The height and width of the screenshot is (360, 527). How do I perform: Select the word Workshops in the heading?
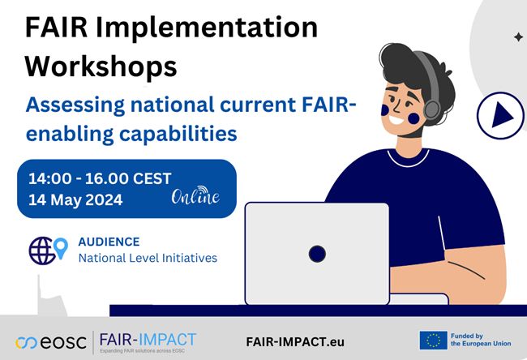point(101,66)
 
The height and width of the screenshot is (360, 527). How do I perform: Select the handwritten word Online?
point(195,197)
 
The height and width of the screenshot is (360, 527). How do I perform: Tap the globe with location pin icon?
point(47,250)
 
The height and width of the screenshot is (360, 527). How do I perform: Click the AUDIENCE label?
point(109,242)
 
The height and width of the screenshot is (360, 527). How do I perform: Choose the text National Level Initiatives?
point(148,259)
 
